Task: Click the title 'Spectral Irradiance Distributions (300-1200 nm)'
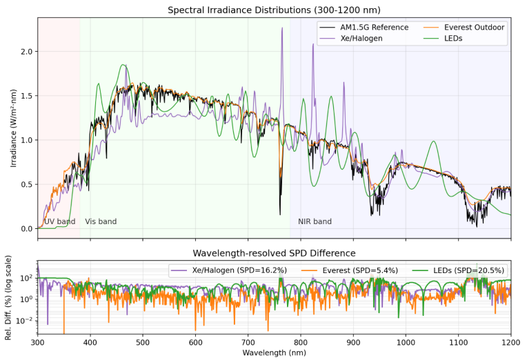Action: coord(274,10)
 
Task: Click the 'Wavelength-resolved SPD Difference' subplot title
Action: coord(274,253)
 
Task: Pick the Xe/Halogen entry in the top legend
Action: coord(361,39)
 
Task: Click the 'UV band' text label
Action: coord(59,222)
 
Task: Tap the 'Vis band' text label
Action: coord(101,222)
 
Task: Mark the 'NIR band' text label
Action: coord(315,222)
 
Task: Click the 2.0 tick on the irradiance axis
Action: coord(26,52)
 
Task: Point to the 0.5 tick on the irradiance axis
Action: coord(26,184)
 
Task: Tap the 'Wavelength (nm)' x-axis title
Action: coord(274,352)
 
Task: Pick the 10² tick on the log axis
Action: coord(26,278)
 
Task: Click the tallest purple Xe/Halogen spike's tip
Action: coord(282,28)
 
